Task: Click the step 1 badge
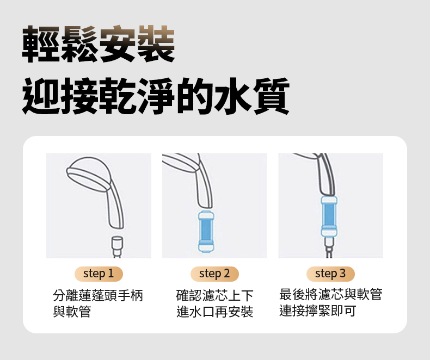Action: [x=99, y=273]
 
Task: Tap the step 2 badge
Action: [x=214, y=273]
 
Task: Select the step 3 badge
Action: [x=330, y=273]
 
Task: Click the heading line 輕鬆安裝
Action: [x=99, y=44]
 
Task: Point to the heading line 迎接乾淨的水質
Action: [x=156, y=97]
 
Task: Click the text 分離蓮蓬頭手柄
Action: [x=98, y=296]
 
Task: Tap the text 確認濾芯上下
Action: [x=215, y=296]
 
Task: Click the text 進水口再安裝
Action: [x=215, y=312]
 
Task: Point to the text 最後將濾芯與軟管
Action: [x=330, y=295]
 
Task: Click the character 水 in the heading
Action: [x=236, y=97]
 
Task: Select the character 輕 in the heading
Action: [x=41, y=44]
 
